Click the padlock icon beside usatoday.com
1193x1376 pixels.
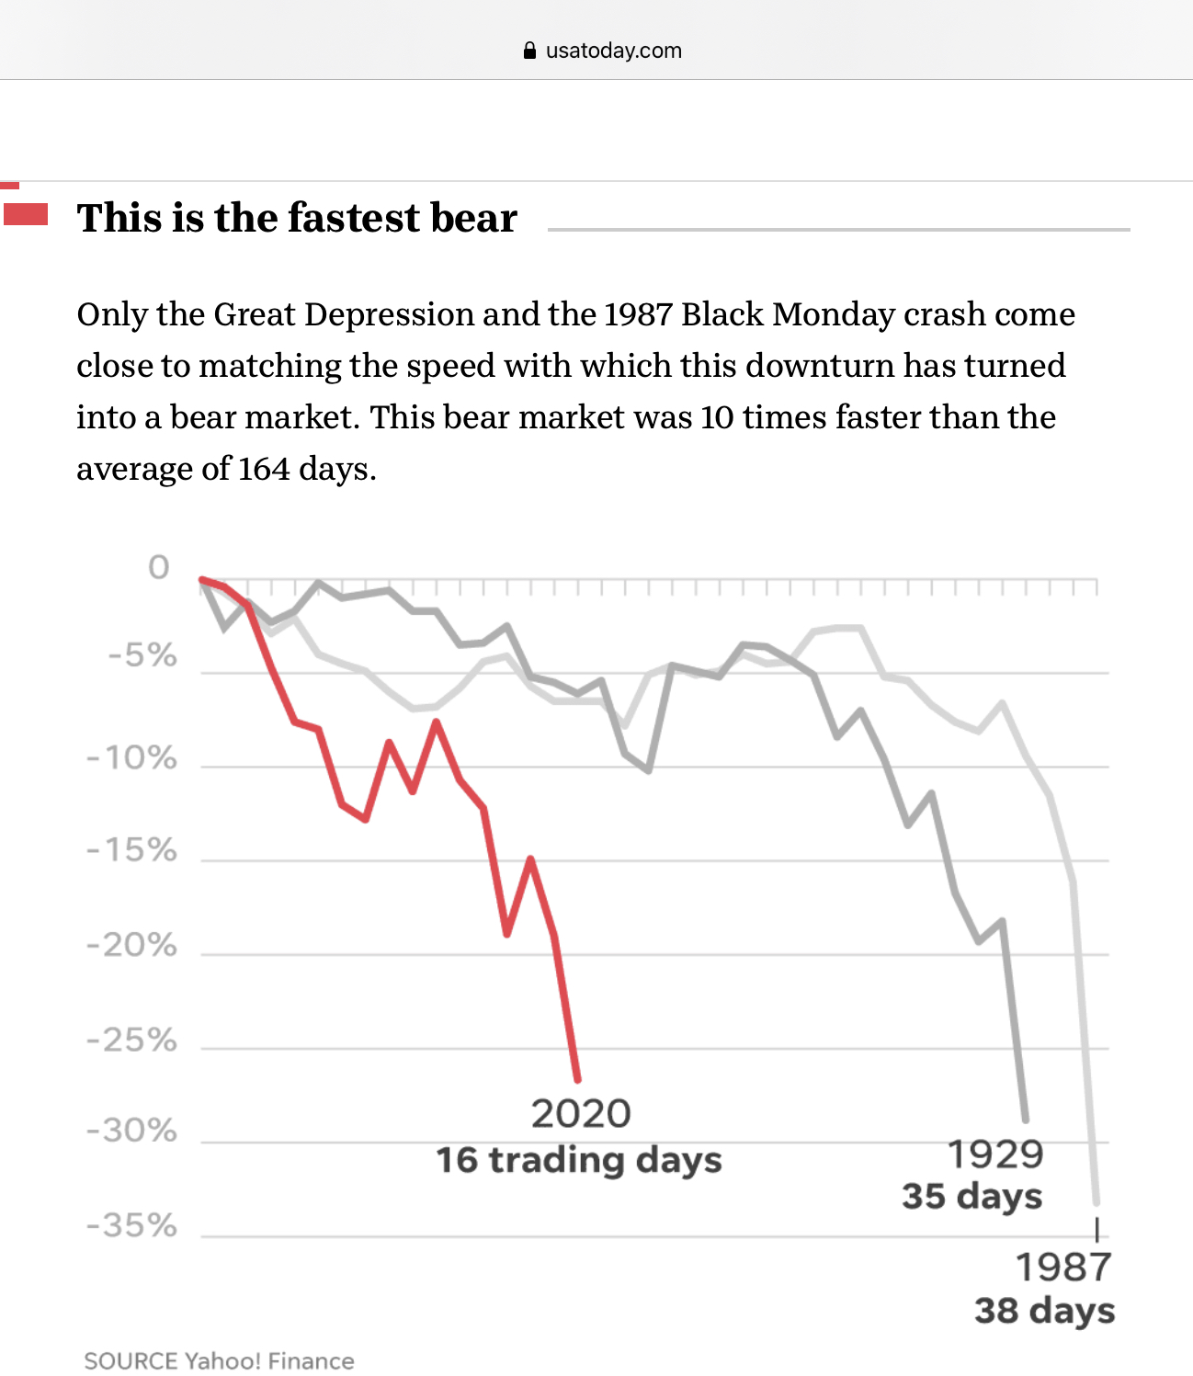click(x=529, y=51)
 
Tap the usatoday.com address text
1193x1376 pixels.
click(x=613, y=51)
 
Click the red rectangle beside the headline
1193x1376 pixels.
click(x=26, y=214)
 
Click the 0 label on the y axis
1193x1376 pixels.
click(x=159, y=567)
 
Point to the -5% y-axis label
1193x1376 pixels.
click(x=142, y=655)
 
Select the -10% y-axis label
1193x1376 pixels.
click(x=131, y=758)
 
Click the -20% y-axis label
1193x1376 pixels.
click(x=131, y=945)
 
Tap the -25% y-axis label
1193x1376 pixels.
click(x=131, y=1041)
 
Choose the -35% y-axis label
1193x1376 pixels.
click(x=131, y=1225)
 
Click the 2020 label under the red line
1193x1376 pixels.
click(x=581, y=1114)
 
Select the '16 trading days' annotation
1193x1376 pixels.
click(x=579, y=1160)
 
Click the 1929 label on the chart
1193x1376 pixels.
click(x=994, y=1154)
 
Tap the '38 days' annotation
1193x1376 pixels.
click(x=1045, y=1311)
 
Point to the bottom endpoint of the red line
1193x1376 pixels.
click(x=578, y=1079)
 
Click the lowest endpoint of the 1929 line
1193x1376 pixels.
click(x=1026, y=1120)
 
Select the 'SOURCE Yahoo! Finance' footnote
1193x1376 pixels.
click(x=219, y=1361)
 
